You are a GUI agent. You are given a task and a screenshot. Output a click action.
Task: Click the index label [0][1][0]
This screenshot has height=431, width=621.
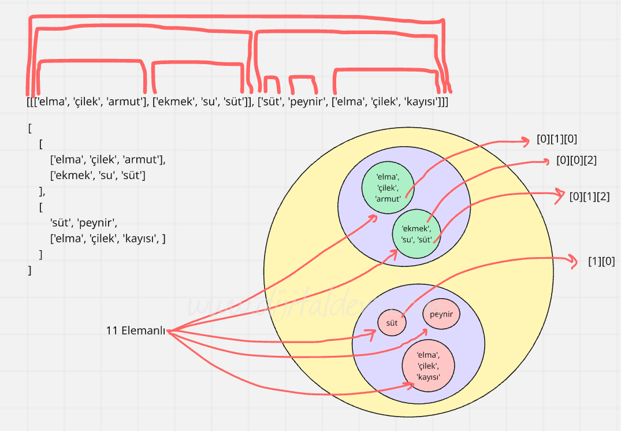click(557, 139)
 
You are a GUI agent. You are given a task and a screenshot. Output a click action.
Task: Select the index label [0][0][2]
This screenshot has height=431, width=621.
click(576, 161)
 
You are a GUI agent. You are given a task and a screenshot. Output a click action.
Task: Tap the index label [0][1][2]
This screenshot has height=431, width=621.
click(589, 196)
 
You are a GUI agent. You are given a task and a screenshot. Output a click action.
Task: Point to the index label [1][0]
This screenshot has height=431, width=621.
click(601, 261)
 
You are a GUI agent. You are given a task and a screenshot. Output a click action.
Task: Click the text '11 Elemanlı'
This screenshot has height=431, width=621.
click(135, 330)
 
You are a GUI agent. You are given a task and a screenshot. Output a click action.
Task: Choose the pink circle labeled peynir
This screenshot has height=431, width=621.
click(441, 314)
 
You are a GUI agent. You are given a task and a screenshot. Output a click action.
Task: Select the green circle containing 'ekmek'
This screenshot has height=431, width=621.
click(416, 233)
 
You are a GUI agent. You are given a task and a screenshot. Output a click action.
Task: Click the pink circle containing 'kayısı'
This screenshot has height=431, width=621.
click(429, 365)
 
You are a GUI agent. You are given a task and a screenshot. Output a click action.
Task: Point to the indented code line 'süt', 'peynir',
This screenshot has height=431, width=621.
click(88, 222)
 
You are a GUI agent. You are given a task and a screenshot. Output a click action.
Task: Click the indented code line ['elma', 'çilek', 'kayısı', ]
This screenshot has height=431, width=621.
click(108, 238)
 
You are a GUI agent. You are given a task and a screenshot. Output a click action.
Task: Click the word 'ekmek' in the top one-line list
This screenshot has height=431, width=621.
click(173, 102)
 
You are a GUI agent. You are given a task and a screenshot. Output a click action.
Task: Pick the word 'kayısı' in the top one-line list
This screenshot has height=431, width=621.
click(422, 102)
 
